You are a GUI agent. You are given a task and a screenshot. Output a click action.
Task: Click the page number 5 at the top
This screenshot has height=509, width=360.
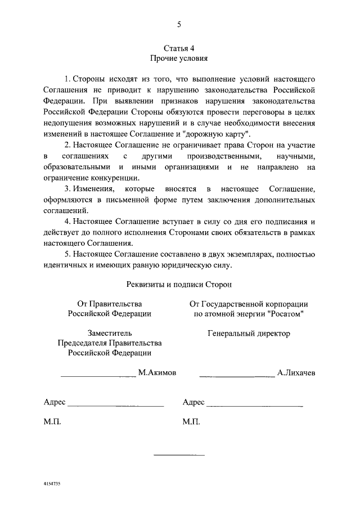[179, 24]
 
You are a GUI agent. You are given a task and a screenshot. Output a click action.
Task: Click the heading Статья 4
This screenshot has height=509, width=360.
[179, 48]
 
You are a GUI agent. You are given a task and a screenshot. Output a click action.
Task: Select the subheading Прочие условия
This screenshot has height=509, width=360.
[179, 58]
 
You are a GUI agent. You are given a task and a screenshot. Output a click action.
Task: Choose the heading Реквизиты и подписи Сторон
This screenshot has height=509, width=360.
[179, 286]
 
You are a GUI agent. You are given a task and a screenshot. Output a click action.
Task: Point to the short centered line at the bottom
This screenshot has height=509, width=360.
[179, 454]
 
